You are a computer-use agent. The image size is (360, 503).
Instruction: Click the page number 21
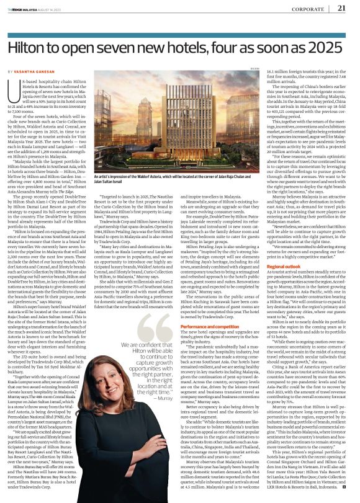340,7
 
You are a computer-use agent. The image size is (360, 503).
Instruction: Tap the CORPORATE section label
308,8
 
